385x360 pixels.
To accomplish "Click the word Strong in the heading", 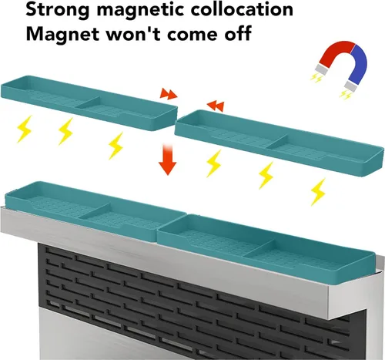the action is coord(58,11).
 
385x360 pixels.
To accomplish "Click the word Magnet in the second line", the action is coord(62,33).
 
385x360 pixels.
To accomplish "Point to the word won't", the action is coord(133,33).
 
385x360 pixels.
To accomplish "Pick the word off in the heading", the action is coord(238,33).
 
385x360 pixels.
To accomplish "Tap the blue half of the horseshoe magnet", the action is coord(359,64).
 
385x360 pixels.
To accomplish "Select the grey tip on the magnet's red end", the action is coord(321,69).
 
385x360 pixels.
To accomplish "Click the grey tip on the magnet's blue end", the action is coord(350,86).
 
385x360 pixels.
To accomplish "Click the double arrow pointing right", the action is coord(169,94).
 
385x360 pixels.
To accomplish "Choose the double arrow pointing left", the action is coord(216,106).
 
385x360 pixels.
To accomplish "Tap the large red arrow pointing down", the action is coord(168,160).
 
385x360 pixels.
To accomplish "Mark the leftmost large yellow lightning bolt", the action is coord(25,129).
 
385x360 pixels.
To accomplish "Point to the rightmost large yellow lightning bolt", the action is coord(318,192).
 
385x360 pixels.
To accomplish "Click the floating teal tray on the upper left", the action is coord(89,103).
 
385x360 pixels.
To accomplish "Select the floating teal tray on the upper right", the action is coord(279,143).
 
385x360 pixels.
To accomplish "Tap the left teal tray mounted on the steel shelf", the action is coord(95,210).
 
